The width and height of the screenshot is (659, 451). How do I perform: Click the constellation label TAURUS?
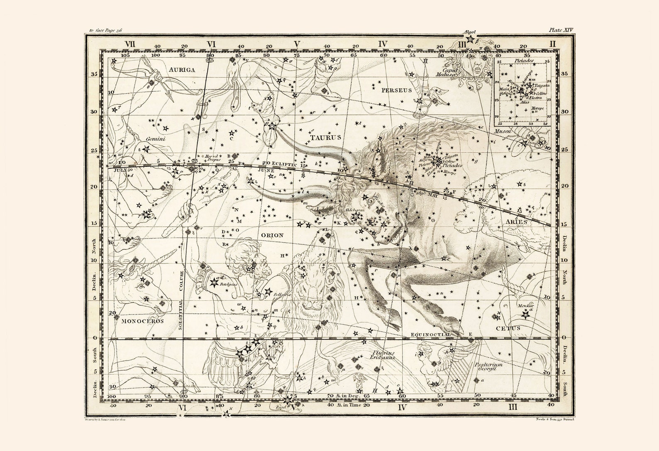tap(326, 137)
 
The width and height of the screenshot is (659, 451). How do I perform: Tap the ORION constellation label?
tap(272, 235)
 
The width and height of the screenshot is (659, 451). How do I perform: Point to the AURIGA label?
tap(182, 70)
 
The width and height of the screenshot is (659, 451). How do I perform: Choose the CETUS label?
tap(508, 328)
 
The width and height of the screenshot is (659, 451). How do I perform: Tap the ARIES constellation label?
tap(516, 222)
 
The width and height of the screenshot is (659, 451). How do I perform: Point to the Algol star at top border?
tap(470, 39)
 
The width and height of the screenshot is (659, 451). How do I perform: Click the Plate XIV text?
tap(560, 30)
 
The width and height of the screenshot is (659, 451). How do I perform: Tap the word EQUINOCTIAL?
tap(430, 334)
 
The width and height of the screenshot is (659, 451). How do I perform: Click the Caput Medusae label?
tap(449, 61)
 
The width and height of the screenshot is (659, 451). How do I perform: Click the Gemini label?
tap(156, 139)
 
